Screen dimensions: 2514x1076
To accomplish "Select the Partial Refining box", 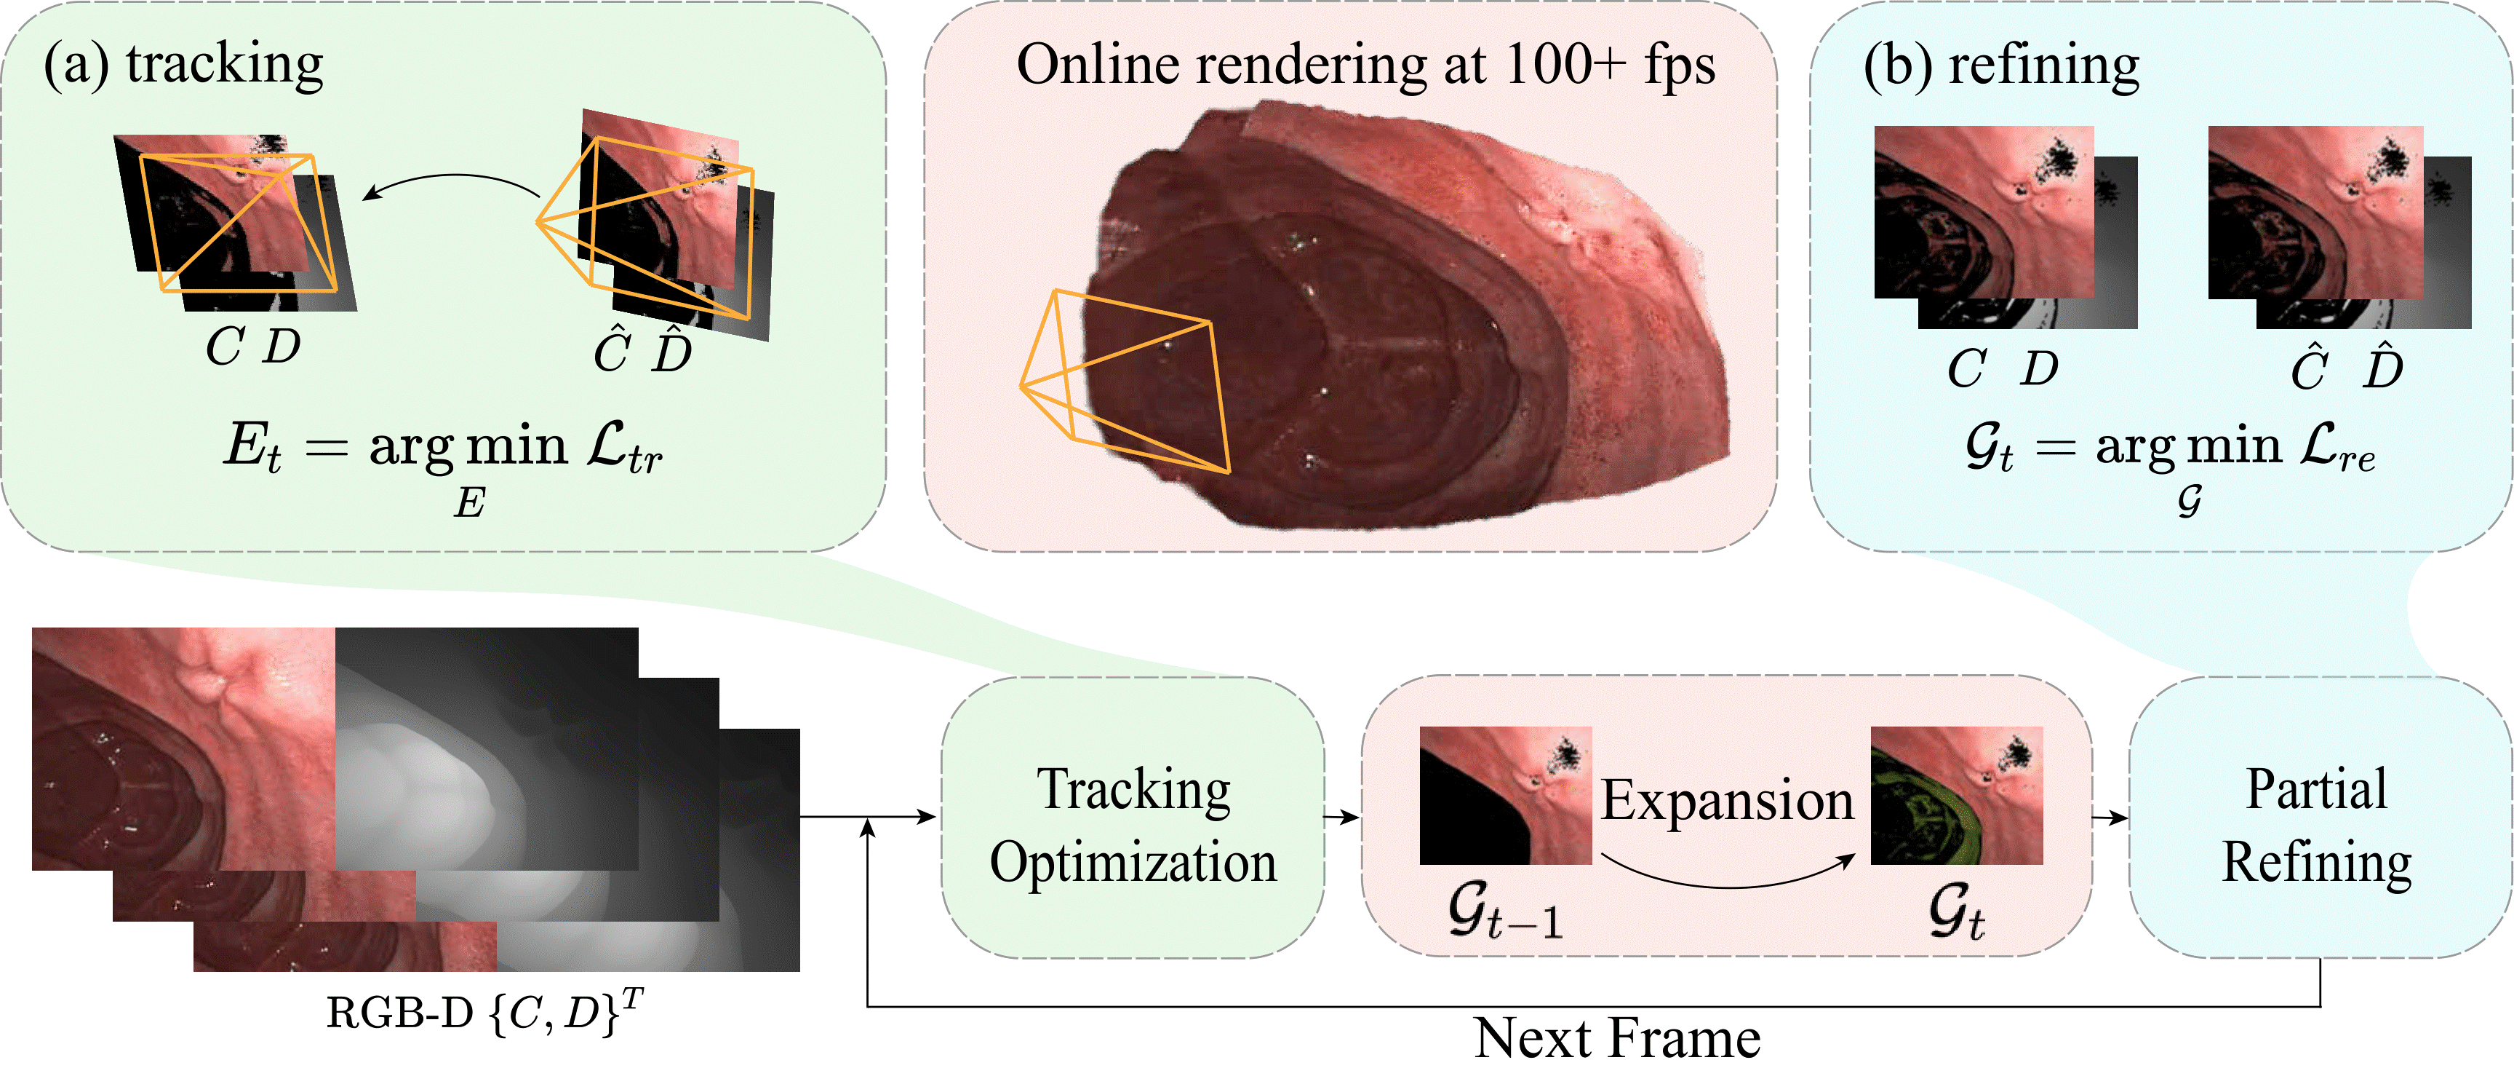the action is pyautogui.click(x=2319, y=818).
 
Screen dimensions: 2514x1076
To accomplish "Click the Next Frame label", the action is pyautogui.click(x=1617, y=1038).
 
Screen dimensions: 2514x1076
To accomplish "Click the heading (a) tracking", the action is pyautogui.click(x=183, y=65).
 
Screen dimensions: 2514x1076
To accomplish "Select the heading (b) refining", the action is pyautogui.click(x=2000, y=66).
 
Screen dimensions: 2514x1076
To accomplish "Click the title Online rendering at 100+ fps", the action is pyautogui.click(x=1365, y=66).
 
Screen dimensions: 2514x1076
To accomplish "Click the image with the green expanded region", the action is pyautogui.click(x=1957, y=795).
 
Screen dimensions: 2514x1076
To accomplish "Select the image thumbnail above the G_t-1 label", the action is pyautogui.click(x=1506, y=795).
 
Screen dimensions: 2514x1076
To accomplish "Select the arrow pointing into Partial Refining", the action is pyautogui.click(x=2110, y=818).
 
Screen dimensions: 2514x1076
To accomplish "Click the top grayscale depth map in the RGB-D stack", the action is pyautogui.click(x=487, y=749).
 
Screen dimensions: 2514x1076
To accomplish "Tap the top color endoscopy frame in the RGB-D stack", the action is pyautogui.click(x=183, y=749).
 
